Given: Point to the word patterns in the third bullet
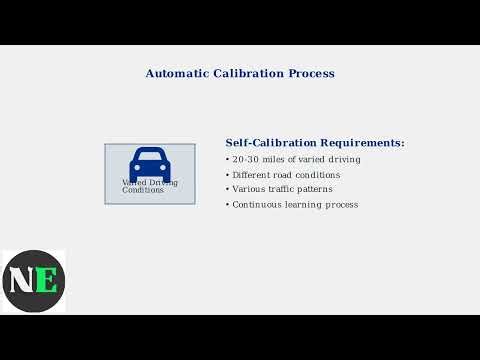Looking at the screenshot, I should click(319, 189).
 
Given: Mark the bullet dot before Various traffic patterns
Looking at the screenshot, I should click(228, 189).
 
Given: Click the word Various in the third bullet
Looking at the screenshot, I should click(249, 189).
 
